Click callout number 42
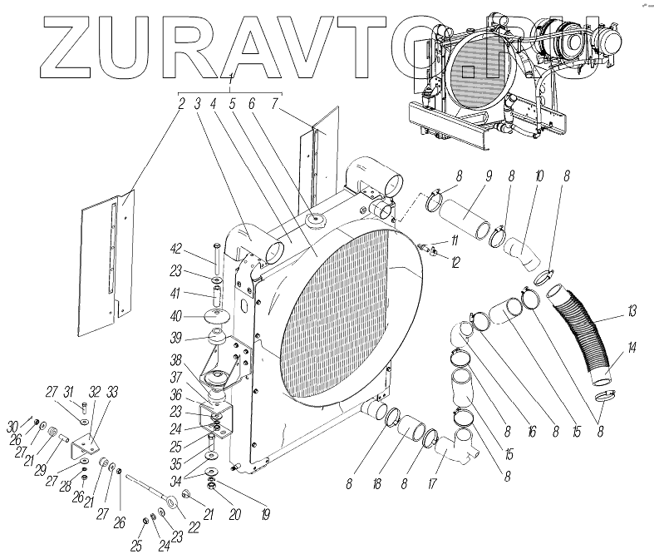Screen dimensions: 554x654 177,247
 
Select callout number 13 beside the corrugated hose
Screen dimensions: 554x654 632,311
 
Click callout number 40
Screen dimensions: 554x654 177,315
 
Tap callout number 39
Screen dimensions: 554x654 177,338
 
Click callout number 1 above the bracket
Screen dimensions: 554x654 231,77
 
